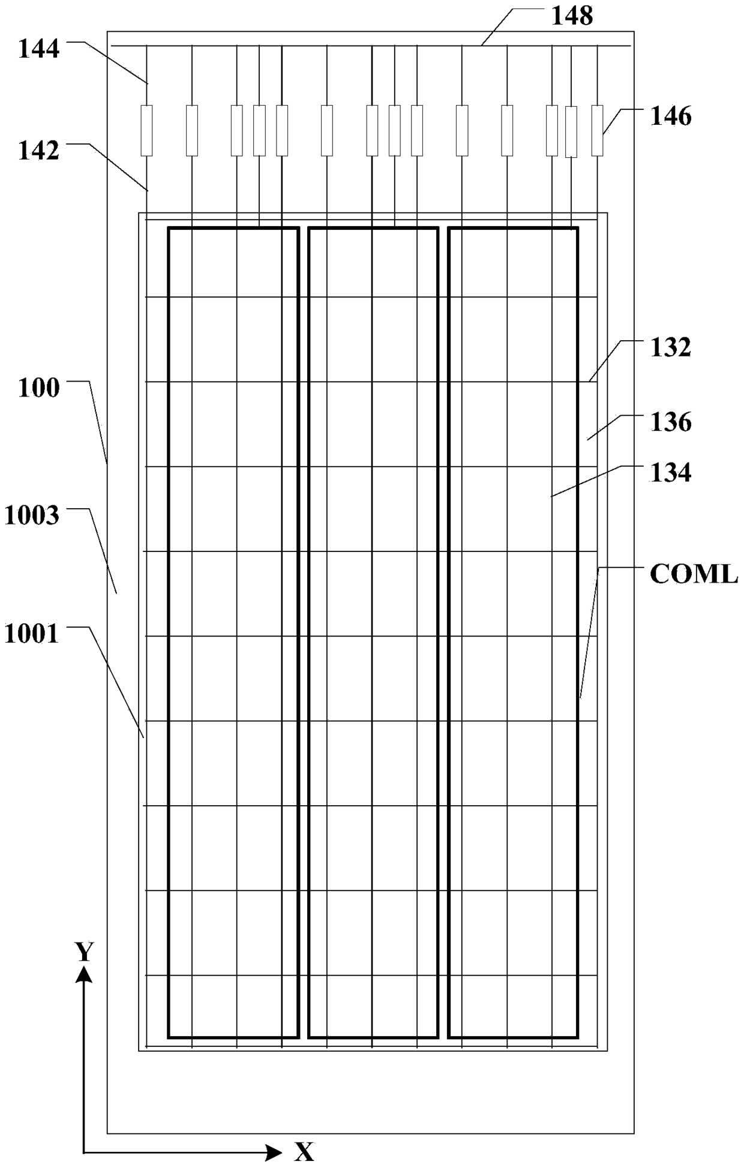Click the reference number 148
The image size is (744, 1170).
(572, 16)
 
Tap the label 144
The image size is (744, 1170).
(39, 49)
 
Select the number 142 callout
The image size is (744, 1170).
(39, 151)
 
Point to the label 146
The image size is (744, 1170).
(671, 116)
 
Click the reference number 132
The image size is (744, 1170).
(671, 347)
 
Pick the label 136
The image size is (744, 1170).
(671, 422)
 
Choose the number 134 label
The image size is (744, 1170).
(671, 473)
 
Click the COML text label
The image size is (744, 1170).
(694, 574)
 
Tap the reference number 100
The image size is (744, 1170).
(39, 388)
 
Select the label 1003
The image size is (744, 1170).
(32, 515)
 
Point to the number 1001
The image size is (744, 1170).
(32, 634)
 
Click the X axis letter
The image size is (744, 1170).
(304, 1151)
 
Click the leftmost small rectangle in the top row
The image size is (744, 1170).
(146, 130)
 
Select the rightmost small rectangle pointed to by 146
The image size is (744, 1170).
(597, 130)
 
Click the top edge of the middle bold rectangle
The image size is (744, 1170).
(373, 229)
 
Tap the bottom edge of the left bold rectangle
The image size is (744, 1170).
(233, 1036)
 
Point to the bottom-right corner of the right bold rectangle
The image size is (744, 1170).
(577, 1036)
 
